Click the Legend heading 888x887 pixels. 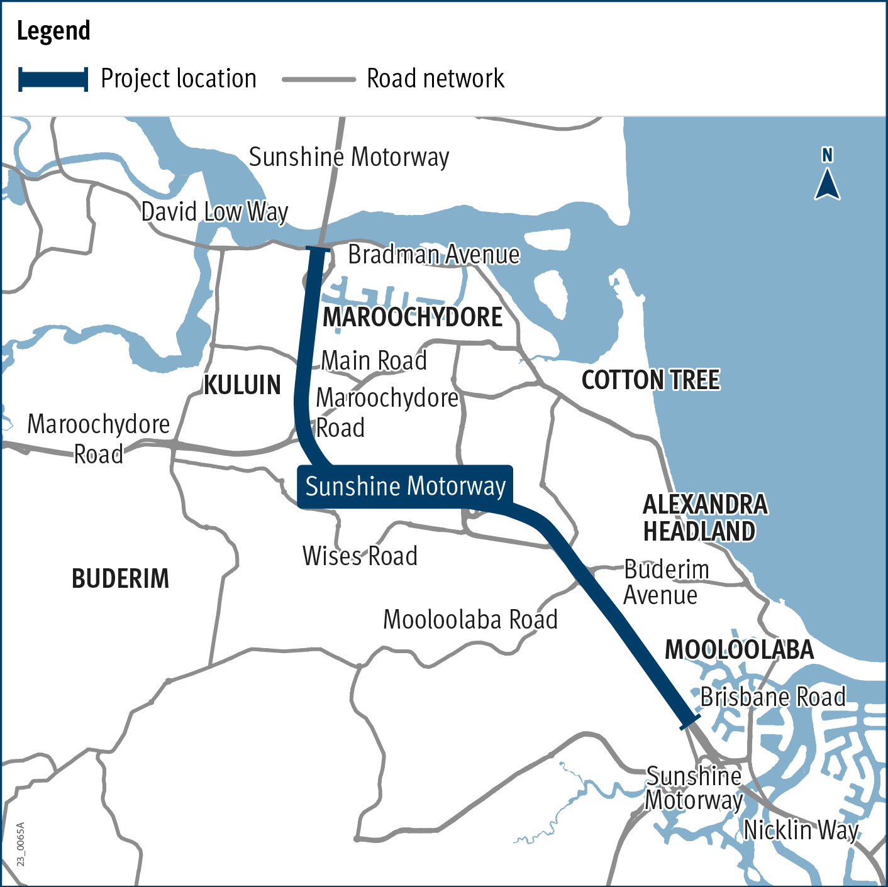pyautogui.click(x=53, y=31)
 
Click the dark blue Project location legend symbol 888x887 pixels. pyautogui.click(x=53, y=79)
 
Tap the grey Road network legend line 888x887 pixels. pyautogui.click(x=319, y=80)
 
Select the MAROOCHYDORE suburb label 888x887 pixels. pyautogui.click(x=413, y=317)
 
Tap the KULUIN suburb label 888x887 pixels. pyautogui.click(x=242, y=385)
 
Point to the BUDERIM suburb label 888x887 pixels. pyautogui.click(x=120, y=578)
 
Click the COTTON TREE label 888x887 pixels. pyautogui.click(x=650, y=380)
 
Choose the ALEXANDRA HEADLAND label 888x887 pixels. pyautogui.click(x=704, y=518)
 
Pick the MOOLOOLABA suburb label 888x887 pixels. pyautogui.click(x=739, y=649)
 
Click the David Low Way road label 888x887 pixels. pyautogui.click(x=214, y=212)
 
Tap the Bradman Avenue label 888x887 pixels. pyautogui.click(x=434, y=255)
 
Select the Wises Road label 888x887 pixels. pyautogui.click(x=360, y=556)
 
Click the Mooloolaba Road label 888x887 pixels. pyautogui.click(x=470, y=620)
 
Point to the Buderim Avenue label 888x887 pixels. pyautogui.click(x=665, y=582)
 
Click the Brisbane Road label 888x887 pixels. pyautogui.click(x=773, y=697)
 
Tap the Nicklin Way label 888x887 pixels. pyautogui.click(x=801, y=830)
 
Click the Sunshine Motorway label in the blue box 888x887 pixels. pyautogui.click(x=406, y=487)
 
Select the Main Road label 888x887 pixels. pyautogui.click(x=374, y=361)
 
